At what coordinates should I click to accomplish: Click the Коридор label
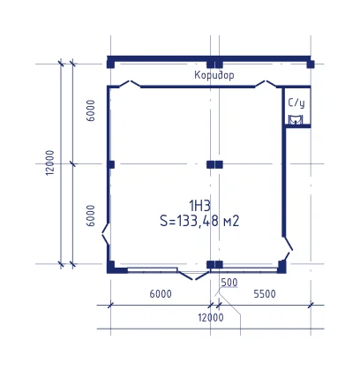click(214, 75)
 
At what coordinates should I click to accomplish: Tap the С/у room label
click(296, 102)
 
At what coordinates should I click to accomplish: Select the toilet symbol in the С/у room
click(295, 120)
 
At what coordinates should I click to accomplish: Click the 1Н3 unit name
click(200, 206)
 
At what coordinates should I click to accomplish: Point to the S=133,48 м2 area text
click(199, 221)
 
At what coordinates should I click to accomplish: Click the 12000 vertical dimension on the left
click(50, 163)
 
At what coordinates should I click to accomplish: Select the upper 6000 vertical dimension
click(91, 110)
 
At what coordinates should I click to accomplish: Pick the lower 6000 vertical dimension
click(91, 216)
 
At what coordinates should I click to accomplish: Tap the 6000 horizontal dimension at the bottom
click(161, 294)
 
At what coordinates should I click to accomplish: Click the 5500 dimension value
click(265, 294)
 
